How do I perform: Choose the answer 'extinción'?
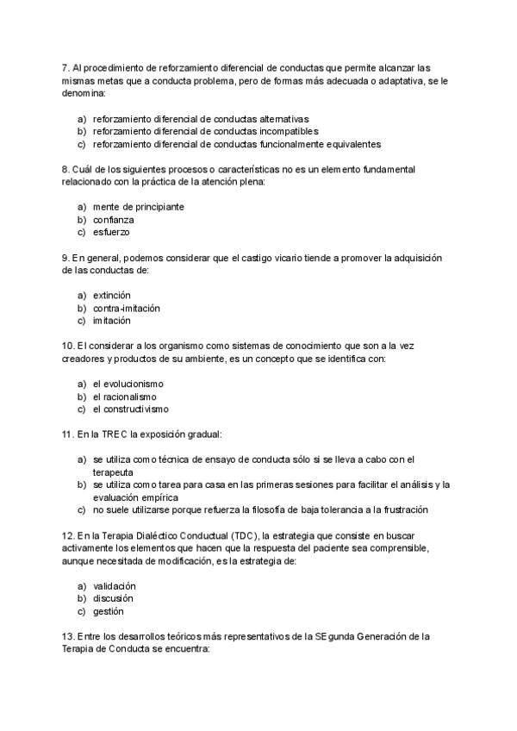click(112, 295)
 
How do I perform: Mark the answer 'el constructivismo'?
click(130, 409)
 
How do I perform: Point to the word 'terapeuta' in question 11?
click(113, 472)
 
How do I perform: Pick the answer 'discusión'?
click(113, 598)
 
